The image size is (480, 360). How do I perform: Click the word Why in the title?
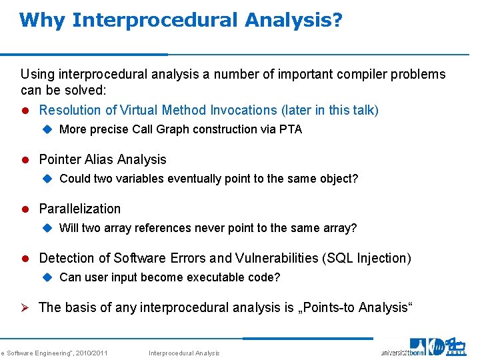click(x=42, y=20)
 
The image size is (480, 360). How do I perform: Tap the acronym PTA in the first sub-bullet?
click(x=290, y=129)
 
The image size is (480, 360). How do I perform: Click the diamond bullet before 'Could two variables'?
click(x=47, y=179)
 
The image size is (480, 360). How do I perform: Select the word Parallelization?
click(x=80, y=209)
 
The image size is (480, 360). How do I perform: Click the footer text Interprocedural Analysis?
click(x=184, y=353)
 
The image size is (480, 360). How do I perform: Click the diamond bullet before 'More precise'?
click(x=47, y=129)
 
